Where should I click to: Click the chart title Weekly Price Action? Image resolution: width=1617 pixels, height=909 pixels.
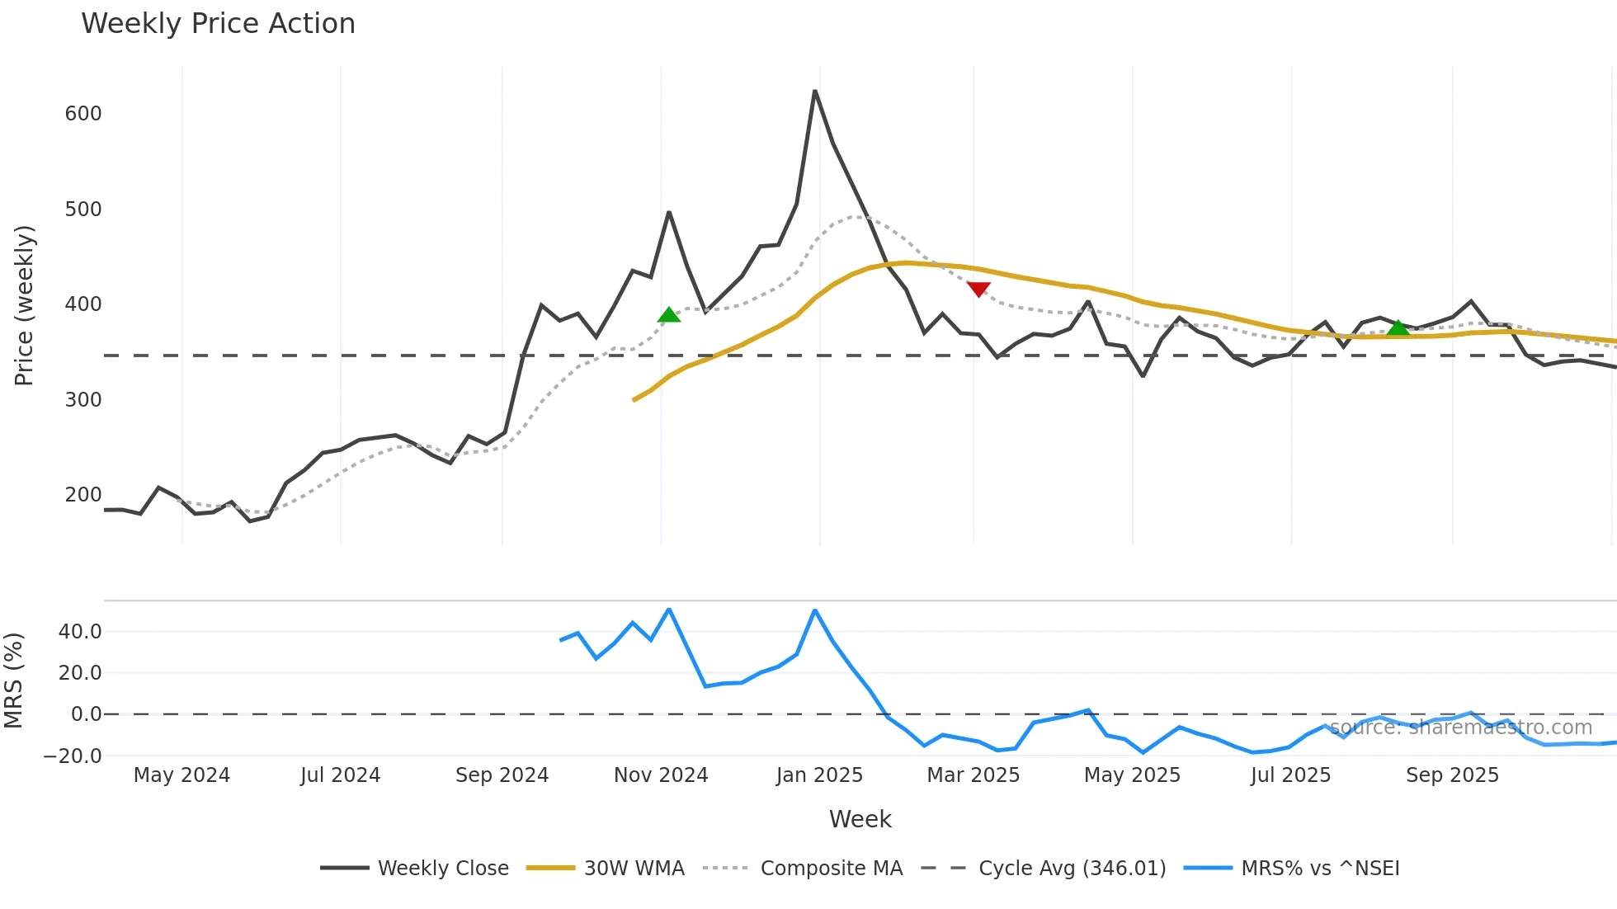[x=218, y=24]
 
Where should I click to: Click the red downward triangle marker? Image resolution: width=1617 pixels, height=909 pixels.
[x=978, y=290]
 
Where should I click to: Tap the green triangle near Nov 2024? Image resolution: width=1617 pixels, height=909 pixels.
[x=669, y=315]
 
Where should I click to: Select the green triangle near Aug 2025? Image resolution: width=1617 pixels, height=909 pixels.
[x=1398, y=328]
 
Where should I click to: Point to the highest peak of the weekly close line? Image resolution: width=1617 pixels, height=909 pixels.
[x=815, y=91]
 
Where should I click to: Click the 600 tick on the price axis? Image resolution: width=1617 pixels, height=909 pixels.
[x=83, y=114]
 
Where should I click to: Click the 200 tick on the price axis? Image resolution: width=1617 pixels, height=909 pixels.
[x=83, y=495]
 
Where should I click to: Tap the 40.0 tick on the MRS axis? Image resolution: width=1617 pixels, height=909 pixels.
[x=80, y=632]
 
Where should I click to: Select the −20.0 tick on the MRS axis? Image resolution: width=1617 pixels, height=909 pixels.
[x=73, y=756]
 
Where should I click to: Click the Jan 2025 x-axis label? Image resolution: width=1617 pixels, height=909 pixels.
[x=819, y=775]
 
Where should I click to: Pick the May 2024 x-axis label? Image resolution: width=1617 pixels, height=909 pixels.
[x=181, y=775]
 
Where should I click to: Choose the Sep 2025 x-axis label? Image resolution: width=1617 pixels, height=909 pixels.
[x=1452, y=775]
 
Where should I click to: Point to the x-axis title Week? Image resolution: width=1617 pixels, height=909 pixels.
[x=860, y=819]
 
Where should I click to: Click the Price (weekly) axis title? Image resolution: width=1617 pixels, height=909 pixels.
[x=24, y=305]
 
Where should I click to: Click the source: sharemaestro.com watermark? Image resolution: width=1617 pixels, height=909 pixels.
[x=1460, y=728]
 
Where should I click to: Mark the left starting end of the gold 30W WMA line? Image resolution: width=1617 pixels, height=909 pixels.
[x=634, y=400]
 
